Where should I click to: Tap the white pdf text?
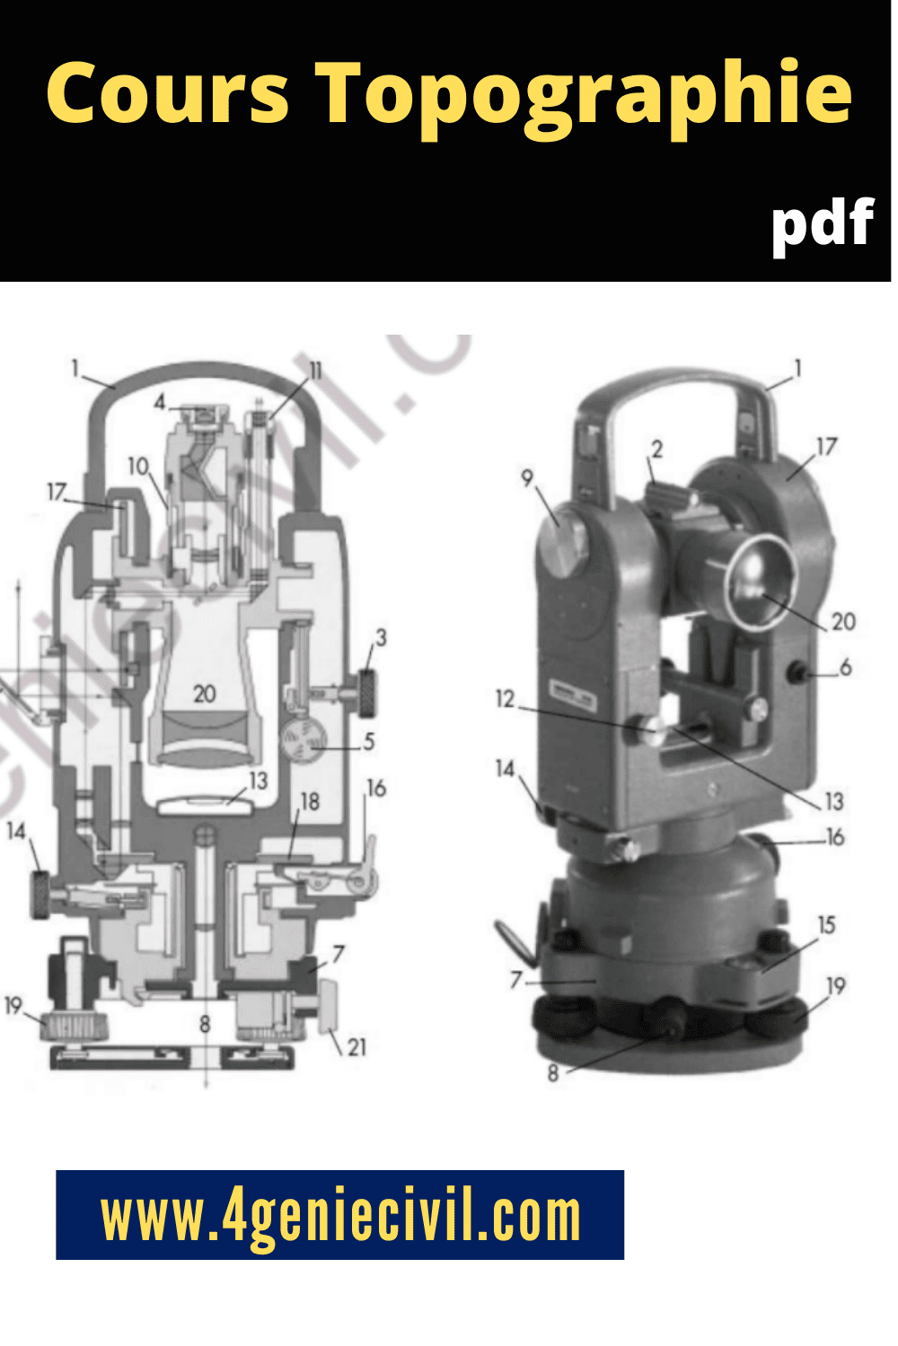coord(823,227)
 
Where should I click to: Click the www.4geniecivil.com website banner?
coord(339,1214)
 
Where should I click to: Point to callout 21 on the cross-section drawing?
coord(357,1047)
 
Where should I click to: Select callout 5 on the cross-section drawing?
coord(369,741)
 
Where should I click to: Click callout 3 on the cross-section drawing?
coord(381,637)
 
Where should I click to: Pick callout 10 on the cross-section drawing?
coord(137,466)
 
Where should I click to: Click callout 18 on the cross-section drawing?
coord(310,801)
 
